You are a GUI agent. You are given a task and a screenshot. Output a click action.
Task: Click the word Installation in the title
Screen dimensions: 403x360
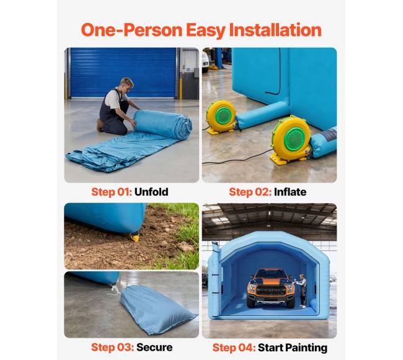[275, 30]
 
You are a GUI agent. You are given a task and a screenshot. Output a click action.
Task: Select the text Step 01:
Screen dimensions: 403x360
[112, 192]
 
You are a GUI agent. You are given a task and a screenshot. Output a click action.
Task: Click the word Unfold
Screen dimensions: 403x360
[151, 192]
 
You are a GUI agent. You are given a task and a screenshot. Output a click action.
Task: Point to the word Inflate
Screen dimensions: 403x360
[290, 192]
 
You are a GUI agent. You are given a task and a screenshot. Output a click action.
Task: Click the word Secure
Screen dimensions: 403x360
[154, 347]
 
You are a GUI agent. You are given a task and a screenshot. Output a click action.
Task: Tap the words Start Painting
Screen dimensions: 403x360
[293, 348]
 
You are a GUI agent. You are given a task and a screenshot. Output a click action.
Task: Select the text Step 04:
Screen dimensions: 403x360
[234, 348]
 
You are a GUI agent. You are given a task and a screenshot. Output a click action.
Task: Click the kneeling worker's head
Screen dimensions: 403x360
[126, 84]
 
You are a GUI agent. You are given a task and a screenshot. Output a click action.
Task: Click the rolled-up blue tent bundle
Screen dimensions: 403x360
[163, 124]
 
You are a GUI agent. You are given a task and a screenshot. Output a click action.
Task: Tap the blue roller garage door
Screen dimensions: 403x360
[123, 72]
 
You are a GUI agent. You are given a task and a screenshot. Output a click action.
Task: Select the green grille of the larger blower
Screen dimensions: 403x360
[294, 139]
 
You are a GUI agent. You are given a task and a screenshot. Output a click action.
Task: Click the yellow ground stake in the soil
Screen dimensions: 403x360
[135, 238]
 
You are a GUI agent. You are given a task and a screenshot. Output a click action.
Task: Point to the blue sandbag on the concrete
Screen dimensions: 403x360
[157, 309]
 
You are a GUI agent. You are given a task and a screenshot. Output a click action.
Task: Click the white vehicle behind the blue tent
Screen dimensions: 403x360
[205, 61]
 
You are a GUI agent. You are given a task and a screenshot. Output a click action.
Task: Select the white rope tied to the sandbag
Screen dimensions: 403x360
[115, 289]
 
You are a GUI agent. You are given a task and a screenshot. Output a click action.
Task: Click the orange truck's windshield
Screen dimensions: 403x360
[271, 274]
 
